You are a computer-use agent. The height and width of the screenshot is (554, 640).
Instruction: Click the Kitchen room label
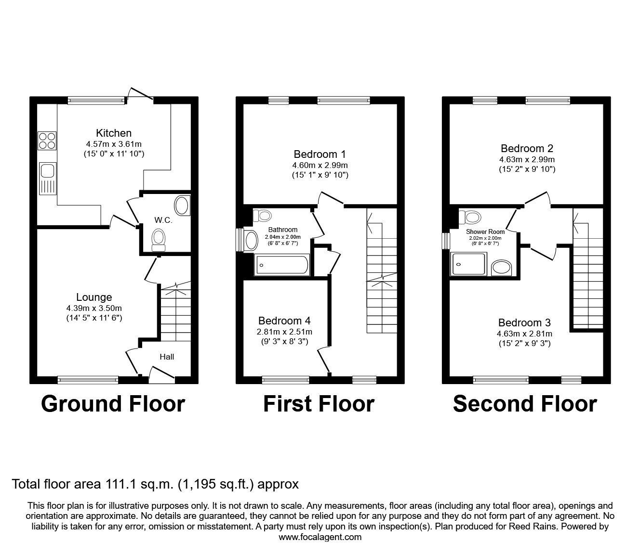(x=114, y=133)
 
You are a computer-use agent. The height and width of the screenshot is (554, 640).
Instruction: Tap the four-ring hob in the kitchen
(x=47, y=140)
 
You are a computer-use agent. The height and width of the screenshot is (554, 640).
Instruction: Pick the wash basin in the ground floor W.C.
(x=181, y=206)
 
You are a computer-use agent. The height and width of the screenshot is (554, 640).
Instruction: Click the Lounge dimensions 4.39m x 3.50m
(x=94, y=308)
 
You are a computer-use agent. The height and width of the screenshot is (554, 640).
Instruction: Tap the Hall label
(x=167, y=357)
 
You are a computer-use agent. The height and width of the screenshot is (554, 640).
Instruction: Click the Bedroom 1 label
(x=320, y=155)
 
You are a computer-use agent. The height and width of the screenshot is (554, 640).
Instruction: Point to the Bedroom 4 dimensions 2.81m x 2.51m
(x=284, y=332)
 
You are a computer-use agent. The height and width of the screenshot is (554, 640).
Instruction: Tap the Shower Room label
(x=485, y=232)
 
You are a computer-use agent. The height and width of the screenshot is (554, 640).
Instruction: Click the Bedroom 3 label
(x=524, y=323)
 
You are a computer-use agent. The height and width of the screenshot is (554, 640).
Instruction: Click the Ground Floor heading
(x=113, y=404)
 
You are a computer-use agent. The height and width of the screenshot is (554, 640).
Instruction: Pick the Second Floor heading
(x=525, y=404)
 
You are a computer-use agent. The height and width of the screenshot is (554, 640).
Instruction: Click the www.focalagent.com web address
(x=320, y=537)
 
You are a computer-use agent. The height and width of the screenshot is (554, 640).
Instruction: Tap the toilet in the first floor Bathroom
(x=263, y=215)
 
